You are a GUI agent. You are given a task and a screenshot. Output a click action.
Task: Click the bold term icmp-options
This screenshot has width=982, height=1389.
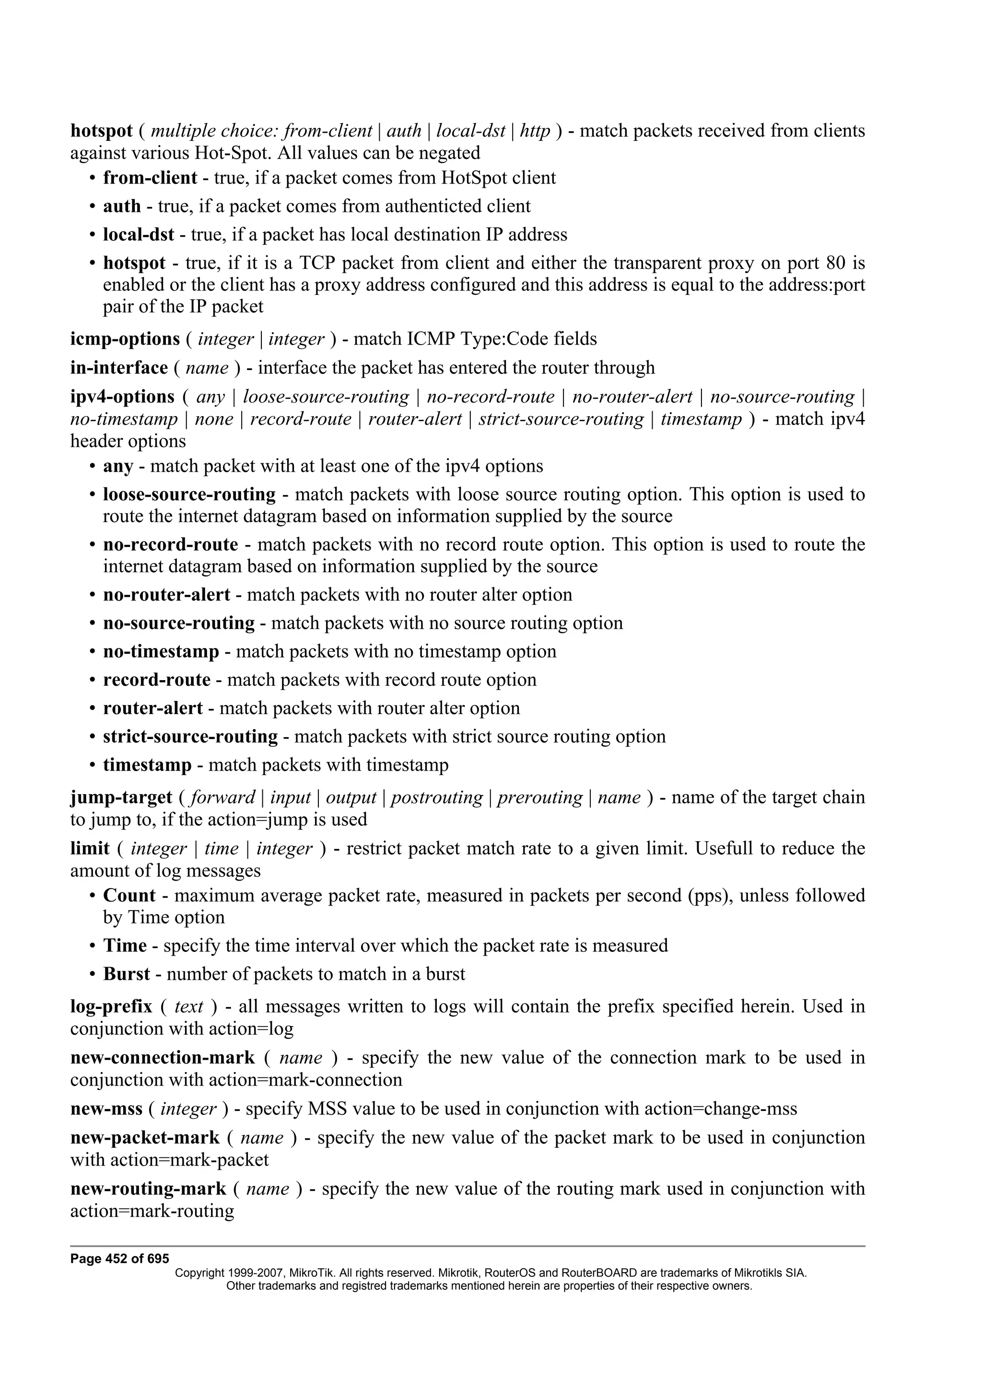coord(125,339)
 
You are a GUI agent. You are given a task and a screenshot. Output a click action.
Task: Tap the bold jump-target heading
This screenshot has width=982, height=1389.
coord(121,798)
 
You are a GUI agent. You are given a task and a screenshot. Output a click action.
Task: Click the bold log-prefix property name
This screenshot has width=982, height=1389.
coord(111,1007)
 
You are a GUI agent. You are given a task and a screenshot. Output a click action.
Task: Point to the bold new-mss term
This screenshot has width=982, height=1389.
coord(106,1109)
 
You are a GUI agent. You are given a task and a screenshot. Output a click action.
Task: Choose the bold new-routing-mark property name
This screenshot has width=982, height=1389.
coord(148,1189)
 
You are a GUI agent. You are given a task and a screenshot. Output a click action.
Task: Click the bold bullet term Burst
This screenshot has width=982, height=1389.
coord(127,974)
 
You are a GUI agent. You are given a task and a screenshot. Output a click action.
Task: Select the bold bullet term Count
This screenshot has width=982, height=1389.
coord(129,895)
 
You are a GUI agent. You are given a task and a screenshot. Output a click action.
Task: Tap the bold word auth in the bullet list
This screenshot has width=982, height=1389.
coord(122,206)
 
